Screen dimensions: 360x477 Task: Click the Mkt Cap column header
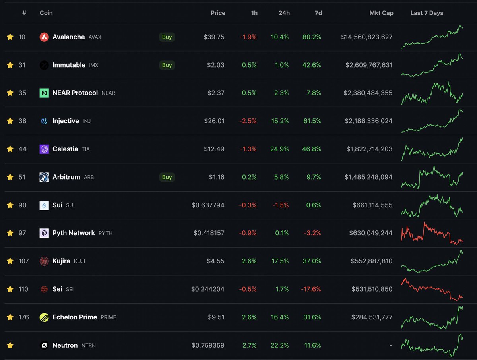pyautogui.click(x=382, y=13)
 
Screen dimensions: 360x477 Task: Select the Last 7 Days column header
pyautogui.click(x=427, y=13)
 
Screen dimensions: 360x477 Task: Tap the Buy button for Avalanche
pyautogui.click(x=167, y=37)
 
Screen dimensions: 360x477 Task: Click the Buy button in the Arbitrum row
pyautogui.click(x=167, y=177)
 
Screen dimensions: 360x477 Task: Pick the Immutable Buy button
pyautogui.click(x=167, y=65)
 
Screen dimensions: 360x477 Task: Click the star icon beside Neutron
pyautogui.click(x=10, y=345)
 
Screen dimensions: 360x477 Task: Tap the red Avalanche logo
pyautogui.click(x=44, y=37)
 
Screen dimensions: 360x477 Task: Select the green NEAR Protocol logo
pyautogui.click(x=44, y=93)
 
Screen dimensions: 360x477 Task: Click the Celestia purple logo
pyautogui.click(x=44, y=149)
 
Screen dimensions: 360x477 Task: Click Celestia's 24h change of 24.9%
pyautogui.click(x=280, y=149)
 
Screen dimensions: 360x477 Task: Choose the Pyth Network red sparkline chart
pyautogui.click(x=432, y=233)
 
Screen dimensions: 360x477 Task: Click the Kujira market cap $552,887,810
pyautogui.click(x=371, y=261)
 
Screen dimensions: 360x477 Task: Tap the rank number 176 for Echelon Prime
pyautogui.click(x=23, y=317)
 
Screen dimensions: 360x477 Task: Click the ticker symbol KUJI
pyautogui.click(x=79, y=261)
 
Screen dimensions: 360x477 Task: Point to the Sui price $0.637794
pyautogui.click(x=208, y=205)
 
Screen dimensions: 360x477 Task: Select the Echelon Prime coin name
pyautogui.click(x=75, y=317)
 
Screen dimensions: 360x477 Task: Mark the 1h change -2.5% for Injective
pyautogui.click(x=248, y=121)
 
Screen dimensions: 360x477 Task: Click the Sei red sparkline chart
pyautogui.click(x=432, y=289)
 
